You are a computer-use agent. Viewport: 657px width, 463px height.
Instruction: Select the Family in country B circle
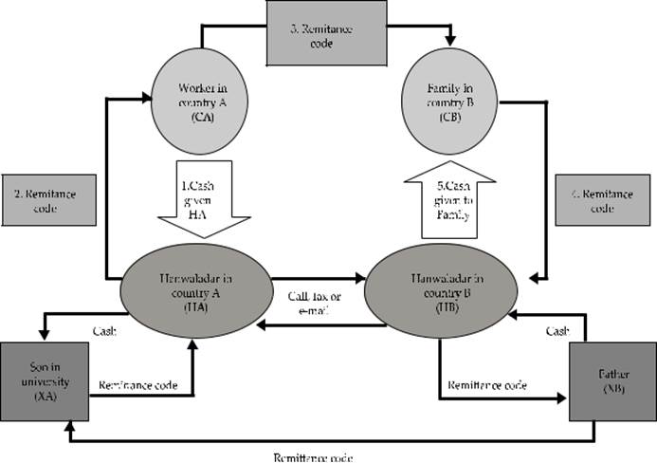tap(449, 103)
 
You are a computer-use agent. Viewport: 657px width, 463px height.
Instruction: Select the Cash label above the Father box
tap(557, 330)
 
